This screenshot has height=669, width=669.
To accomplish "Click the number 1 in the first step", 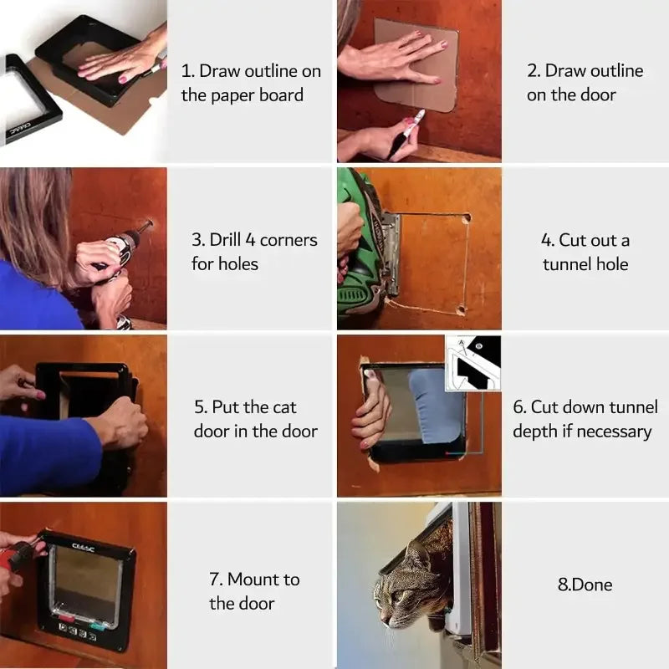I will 186,72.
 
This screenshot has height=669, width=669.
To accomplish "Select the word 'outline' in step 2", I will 615,70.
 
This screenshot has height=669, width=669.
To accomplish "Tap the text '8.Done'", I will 585,585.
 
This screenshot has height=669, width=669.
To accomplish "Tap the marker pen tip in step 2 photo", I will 419,115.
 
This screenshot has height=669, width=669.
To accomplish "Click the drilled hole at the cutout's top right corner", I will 466,217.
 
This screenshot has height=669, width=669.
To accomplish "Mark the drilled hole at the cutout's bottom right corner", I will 461,309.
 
